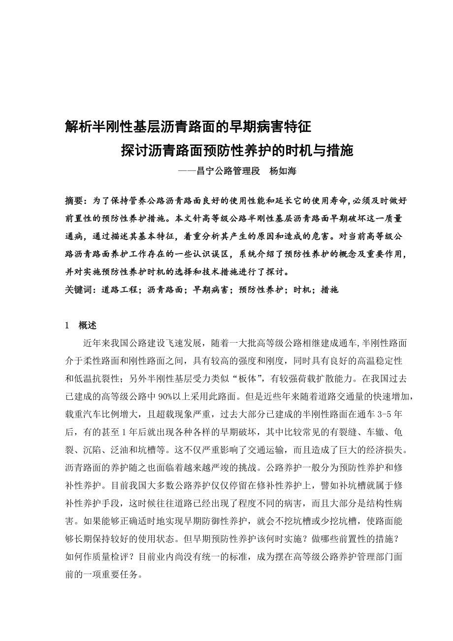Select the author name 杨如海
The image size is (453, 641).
283,171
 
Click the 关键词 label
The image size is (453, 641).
79,290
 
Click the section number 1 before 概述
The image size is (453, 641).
67,325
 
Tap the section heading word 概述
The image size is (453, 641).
88,325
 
